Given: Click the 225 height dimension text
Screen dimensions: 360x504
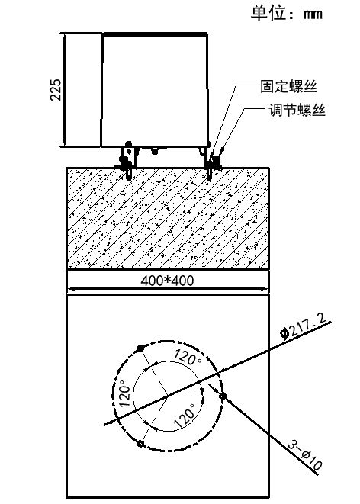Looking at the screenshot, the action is pos(55,89).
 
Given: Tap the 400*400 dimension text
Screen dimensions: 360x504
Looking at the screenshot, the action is pos(167,281).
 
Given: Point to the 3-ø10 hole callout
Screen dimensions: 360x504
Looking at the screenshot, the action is pos(304,454).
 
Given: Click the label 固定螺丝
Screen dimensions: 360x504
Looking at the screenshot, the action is pos(288,86).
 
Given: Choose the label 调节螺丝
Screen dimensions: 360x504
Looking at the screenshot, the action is pos(297,110).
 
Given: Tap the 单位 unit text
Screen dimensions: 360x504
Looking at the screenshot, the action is pos(268,13).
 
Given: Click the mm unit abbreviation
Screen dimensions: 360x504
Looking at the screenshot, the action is pos(313,14).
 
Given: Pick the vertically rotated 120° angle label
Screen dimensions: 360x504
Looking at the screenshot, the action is pos(125,393).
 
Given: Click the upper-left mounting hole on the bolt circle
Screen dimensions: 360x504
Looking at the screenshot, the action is pos(140,348).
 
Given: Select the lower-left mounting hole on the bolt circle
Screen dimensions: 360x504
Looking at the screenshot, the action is pos(140,444).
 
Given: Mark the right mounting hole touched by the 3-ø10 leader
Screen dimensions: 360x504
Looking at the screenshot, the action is pos(223,396).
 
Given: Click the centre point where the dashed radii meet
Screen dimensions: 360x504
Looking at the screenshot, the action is pos(168,396).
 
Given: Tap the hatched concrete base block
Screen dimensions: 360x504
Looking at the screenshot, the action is pos(168,218).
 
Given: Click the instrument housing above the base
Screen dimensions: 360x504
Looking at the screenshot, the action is pos(154,90).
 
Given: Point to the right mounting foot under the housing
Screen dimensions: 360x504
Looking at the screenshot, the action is pos(211,162).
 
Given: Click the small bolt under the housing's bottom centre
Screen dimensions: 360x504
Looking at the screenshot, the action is pos(155,150).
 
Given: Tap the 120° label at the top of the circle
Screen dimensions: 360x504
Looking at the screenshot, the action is pos(188,357).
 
